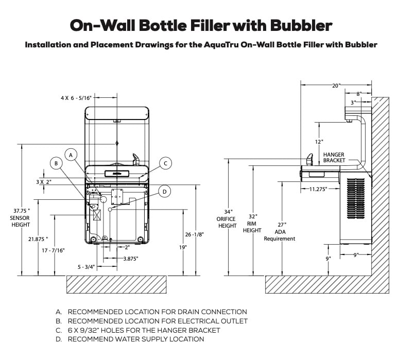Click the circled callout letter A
click(x=72, y=154)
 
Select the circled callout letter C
click(x=165, y=164)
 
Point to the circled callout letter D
click(x=164, y=192)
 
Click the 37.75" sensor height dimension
click(x=21, y=217)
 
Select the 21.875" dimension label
click(x=38, y=239)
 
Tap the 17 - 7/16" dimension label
click(x=54, y=250)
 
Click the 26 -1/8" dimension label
click(x=194, y=234)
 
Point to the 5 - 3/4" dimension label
click(x=86, y=266)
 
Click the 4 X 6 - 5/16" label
click(x=76, y=97)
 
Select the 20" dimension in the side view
click(x=336, y=86)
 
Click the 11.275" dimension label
click(x=319, y=189)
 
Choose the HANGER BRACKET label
click(x=334, y=158)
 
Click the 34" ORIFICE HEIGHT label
click(x=227, y=218)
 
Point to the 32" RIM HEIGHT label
click(x=252, y=223)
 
